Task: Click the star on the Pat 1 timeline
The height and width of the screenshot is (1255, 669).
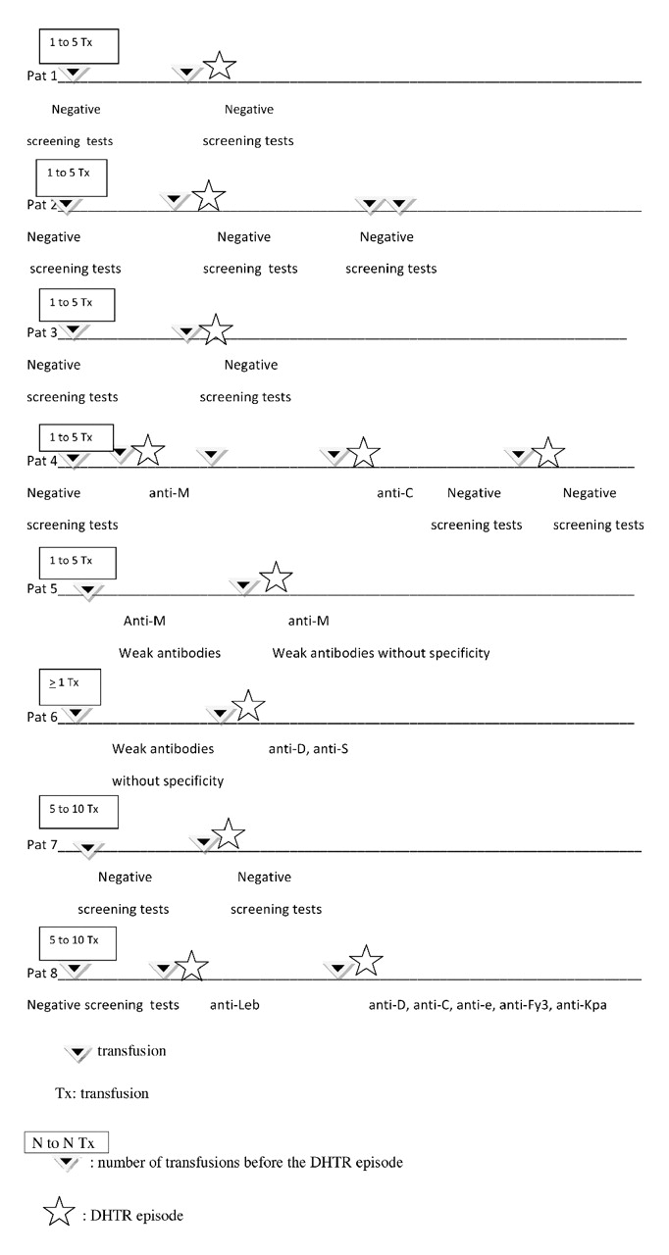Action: [x=220, y=66]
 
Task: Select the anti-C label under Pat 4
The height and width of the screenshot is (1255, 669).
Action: [x=395, y=493]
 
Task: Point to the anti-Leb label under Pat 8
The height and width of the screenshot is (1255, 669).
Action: [x=234, y=1005]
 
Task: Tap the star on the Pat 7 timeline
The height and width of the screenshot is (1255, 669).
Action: [x=228, y=834]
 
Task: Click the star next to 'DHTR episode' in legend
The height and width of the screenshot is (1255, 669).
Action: [x=60, y=1214]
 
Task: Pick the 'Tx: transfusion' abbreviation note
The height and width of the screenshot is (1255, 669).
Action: [x=102, y=1092]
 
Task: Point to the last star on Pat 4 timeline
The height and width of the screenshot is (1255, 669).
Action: [x=548, y=452]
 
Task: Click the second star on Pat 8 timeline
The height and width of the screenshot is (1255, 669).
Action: [x=365, y=962]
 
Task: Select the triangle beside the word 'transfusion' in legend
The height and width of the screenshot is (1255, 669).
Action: [x=78, y=1053]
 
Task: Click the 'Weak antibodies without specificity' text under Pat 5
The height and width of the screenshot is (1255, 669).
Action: [x=381, y=653]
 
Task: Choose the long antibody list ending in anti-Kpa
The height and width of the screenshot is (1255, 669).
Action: [x=488, y=1005]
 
